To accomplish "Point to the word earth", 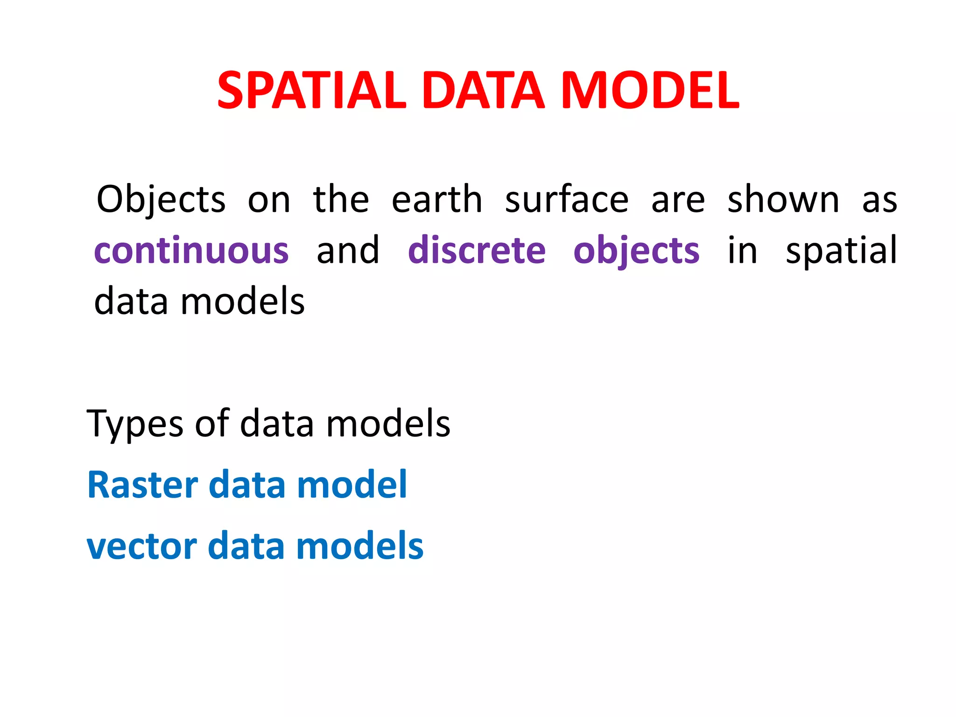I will (436, 200).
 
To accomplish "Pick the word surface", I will (567, 200).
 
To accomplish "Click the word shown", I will (783, 200).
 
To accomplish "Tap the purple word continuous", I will (191, 251).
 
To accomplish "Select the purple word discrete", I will (477, 251).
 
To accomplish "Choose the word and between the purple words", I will (348, 251).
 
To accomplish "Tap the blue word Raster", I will (142, 485).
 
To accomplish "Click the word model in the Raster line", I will (352, 485).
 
